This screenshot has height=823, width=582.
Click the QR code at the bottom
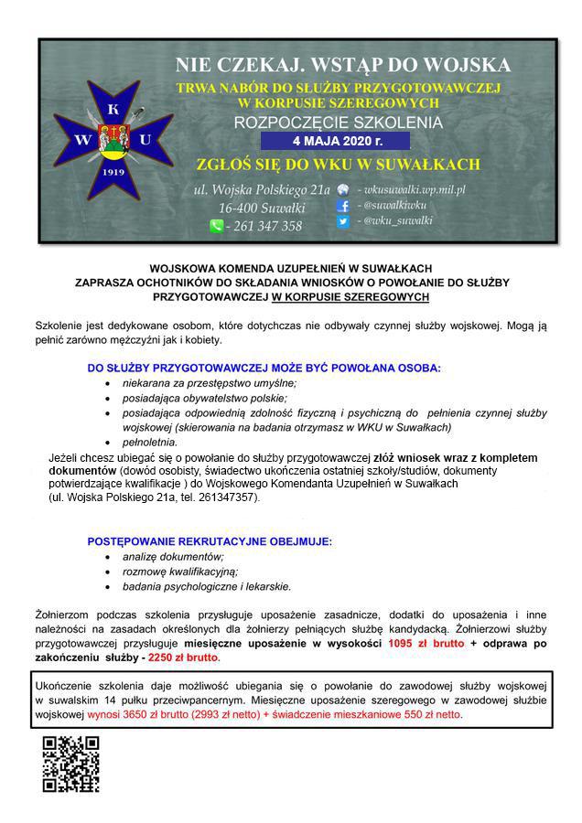coord(70,763)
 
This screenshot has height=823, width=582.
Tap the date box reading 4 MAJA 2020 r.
coord(336,142)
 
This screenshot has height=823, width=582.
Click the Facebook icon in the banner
coord(343,206)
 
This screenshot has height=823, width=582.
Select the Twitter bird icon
coord(343,221)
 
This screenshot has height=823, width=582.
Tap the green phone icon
coord(216,226)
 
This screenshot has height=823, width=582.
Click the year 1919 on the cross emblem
coord(113,171)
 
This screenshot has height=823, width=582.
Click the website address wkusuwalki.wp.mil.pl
coord(412,189)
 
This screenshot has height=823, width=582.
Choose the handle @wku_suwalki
coord(396,221)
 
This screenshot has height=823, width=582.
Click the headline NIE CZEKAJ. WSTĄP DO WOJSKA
coord(343,65)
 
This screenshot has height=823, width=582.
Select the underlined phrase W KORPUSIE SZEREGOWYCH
coord(350,297)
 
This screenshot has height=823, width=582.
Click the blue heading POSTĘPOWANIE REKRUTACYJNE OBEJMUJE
coord(210,541)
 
